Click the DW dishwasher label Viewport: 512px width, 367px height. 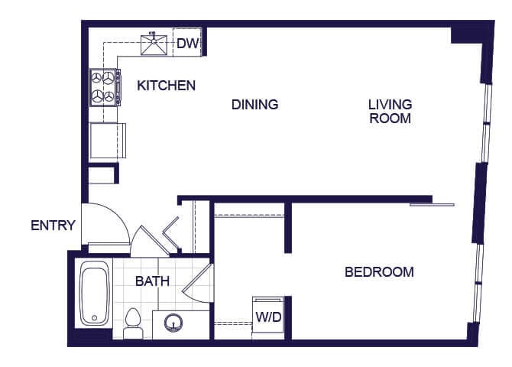coord(187,44)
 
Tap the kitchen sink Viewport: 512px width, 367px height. coord(158,44)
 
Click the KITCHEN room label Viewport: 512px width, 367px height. coord(166,86)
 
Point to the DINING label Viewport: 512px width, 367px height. coord(254,105)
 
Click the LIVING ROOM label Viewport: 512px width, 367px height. coord(390,112)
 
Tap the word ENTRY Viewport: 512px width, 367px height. coord(53,226)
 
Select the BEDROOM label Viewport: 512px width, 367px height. coord(379,272)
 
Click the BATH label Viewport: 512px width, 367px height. coord(152,281)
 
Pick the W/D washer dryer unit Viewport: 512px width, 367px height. coord(267,315)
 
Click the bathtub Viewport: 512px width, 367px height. coord(96,293)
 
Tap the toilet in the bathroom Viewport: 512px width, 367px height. coord(133,322)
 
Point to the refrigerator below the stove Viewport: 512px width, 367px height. coord(105,140)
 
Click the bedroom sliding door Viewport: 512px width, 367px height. coord(433,204)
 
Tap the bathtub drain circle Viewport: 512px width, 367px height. coord(94,317)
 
